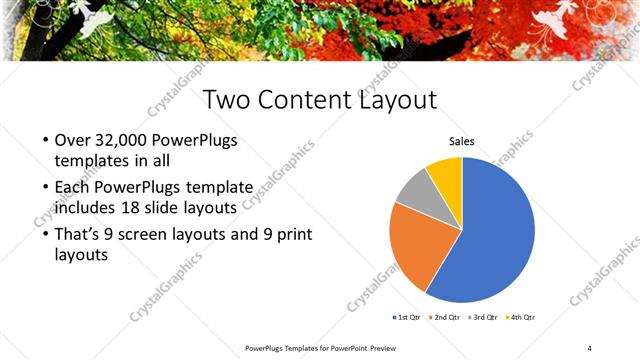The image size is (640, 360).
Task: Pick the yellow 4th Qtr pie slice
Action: pos(446,172)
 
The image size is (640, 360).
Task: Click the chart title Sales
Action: pos(461,142)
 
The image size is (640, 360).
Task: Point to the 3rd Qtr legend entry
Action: pos(485,317)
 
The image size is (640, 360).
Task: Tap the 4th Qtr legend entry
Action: pos(521,317)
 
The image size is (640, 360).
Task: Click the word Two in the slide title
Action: pos(226,101)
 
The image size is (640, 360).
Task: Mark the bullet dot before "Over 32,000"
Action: pos(46,141)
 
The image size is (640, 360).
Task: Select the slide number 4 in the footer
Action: pos(589,348)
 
